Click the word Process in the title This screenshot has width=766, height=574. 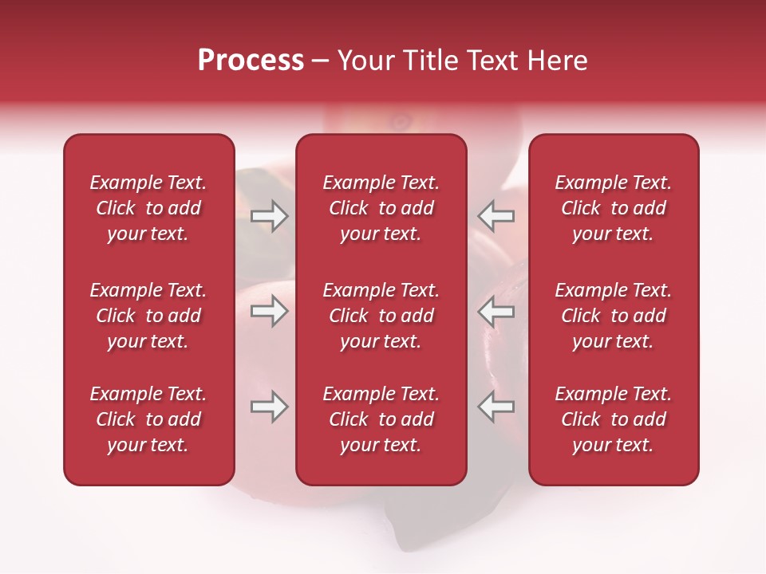click(x=251, y=61)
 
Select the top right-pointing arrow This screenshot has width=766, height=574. click(x=269, y=216)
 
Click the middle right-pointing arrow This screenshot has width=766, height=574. click(x=269, y=311)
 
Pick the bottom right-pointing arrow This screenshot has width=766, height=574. click(x=269, y=407)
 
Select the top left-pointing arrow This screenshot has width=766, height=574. click(x=496, y=216)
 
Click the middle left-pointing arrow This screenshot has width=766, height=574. click(x=496, y=311)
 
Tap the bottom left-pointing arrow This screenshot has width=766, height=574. click(x=496, y=407)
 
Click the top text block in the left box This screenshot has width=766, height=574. click(x=148, y=208)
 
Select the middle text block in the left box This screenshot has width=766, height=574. click(x=148, y=316)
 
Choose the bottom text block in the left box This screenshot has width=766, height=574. click(x=148, y=419)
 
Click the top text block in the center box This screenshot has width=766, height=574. click(x=381, y=208)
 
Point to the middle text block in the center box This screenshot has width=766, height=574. click(x=381, y=316)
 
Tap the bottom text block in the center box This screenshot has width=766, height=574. click(x=381, y=419)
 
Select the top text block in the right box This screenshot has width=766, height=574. click(x=613, y=208)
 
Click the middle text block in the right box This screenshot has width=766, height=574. click(x=613, y=316)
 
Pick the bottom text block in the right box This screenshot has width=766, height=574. click(x=613, y=419)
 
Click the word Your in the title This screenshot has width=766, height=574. click(x=367, y=61)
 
